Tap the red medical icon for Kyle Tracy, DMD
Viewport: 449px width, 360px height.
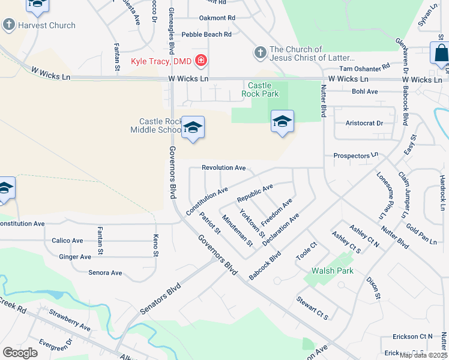[200, 61]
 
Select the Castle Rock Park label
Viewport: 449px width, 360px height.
[260, 89]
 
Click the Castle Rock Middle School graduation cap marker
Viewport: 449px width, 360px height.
[193, 127]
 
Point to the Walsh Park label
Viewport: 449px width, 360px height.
[332, 271]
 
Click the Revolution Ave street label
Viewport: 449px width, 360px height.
[224, 168]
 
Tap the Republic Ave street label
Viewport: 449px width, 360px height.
[255, 193]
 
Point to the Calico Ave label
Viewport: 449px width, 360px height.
[67, 241]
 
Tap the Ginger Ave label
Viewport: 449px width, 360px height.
[75, 257]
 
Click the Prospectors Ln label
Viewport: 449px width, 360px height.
[356, 156]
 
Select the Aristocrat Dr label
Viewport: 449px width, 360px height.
[364, 123]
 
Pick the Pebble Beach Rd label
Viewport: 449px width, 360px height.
[206, 35]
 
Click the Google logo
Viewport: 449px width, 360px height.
[20, 352]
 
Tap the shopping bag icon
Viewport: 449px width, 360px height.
[441, 53]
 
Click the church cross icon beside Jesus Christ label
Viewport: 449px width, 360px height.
[261, 52]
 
